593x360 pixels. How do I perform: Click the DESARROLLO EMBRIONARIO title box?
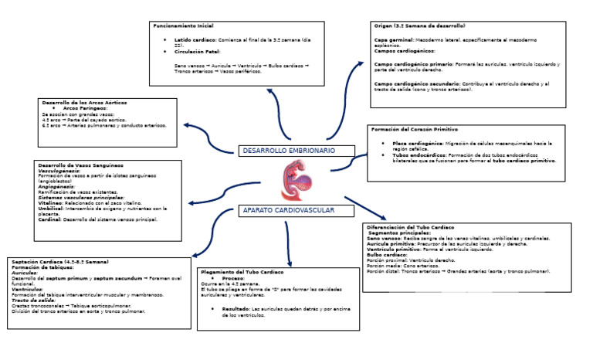click(287, 150)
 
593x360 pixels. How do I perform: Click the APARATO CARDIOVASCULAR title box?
click(287, 210)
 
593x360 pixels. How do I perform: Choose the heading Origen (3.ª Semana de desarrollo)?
click(419, 25)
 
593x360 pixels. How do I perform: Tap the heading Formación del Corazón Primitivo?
click(414, 129)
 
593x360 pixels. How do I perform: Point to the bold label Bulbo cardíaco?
click(387, 255)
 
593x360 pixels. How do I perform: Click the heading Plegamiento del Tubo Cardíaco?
click(242, 272)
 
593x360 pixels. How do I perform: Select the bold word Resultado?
click(236, 308)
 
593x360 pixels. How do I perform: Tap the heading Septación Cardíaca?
click(59, 262)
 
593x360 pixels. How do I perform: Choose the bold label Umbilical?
click(51, 209)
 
